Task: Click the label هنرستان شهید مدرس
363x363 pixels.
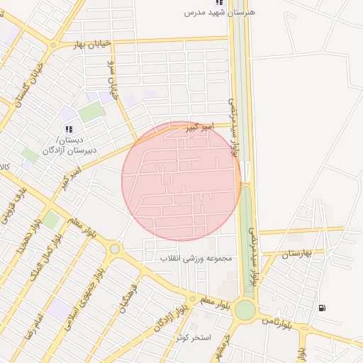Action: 220,13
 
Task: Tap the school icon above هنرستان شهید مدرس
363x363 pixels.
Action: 228,3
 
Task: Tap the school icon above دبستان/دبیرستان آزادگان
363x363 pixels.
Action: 69,129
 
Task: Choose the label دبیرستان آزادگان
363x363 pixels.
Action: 69,150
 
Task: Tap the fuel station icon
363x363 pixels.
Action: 323,308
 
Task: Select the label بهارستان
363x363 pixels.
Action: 297,253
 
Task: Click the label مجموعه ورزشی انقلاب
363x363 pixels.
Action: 196,258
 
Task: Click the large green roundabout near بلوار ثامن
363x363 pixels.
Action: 245,310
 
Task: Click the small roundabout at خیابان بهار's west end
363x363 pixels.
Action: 54,45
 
